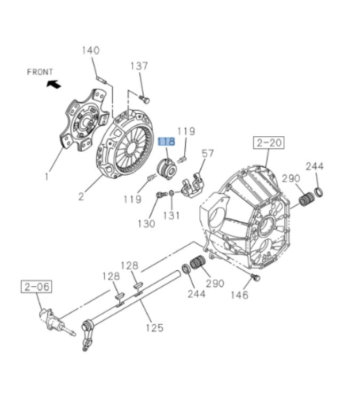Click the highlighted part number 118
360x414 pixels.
click(x=166, y=142)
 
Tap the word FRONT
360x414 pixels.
click(x=40, y=72)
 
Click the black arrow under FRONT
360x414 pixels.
click(x=54, y=83)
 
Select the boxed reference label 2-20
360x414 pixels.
click(x=269, y=143)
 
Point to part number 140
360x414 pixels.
click(x=90, y=51)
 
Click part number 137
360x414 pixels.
click(x=139, y=66)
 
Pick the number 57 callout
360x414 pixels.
click(x=207, y=153)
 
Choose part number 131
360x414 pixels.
click(x=171, y=215)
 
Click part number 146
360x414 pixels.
click(x=239, y=295)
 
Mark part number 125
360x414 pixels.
click(x=154, y=327)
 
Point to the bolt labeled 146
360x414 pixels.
click(x=255, y=277)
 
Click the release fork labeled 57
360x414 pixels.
click(x=192, y=184)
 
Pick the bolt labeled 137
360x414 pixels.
click(x=145, y=99)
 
